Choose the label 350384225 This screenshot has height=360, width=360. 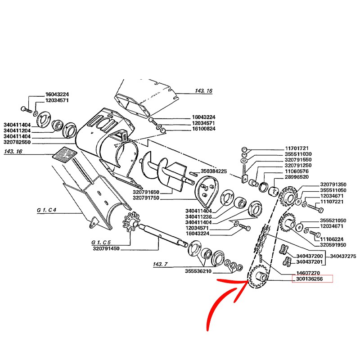pos(214,171)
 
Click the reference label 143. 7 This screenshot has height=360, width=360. pos(161,264)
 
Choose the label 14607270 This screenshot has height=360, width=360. pos(307,273)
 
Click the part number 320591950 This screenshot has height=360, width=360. pos(333,245)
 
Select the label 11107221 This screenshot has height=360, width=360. pos(333,202)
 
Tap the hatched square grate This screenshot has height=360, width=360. pos(64,155)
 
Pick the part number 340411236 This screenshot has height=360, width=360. pos(198,217)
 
